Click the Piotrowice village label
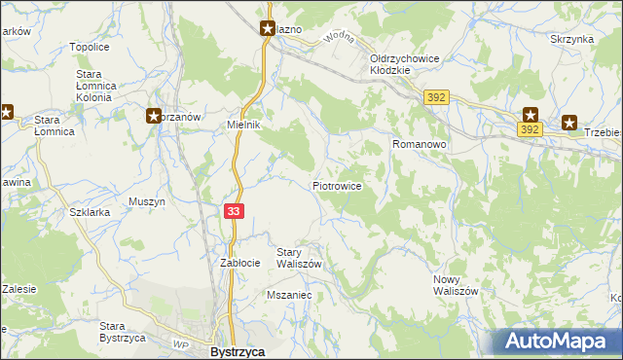point(337,185)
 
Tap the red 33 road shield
point(233,210)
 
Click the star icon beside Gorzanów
point(154,117)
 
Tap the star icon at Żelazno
point(267,29)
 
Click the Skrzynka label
point(571,39)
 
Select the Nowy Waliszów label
point(456,285)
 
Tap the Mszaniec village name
point(288,293)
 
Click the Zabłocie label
point(239,263)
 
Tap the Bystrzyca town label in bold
point(238,351)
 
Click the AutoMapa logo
point(558,342)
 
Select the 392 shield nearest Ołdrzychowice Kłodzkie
point(435,97)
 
